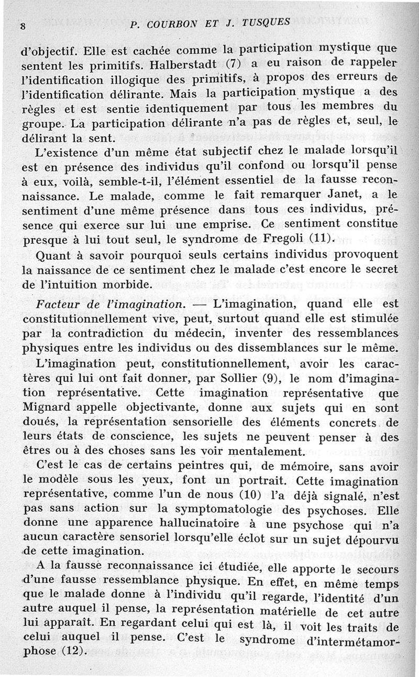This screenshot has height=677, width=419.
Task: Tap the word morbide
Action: point(125,285)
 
